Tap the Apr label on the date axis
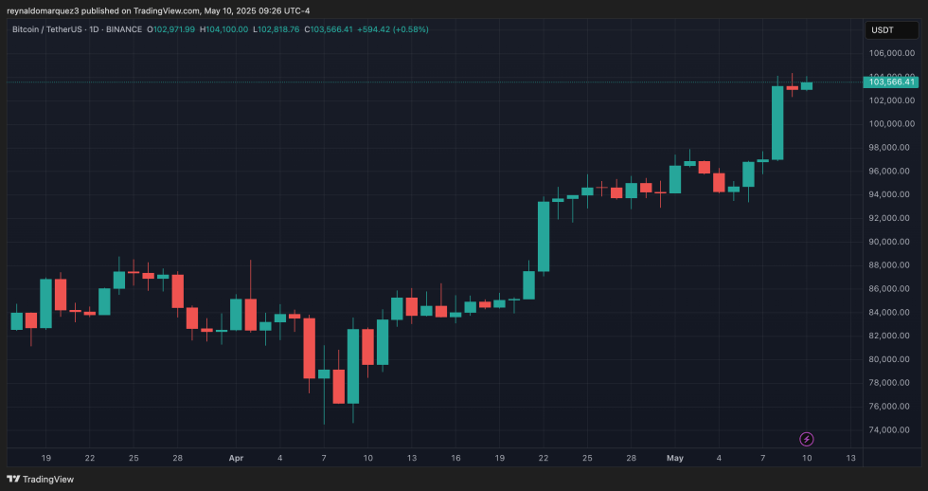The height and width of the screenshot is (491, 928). click(x=237, y=458)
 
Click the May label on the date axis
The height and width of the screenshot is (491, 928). click(x=675, y=458)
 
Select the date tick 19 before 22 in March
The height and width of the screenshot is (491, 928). click(x=45, y=458)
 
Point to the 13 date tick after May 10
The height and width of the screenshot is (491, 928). click(x=850, y=458)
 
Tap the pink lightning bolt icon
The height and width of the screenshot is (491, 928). click(x=807, y=439)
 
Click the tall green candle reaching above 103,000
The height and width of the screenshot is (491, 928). click(x=777, y=122)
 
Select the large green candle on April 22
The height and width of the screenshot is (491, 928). click(x=544, y=236)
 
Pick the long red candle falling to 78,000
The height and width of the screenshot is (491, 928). click(x=309, y=348)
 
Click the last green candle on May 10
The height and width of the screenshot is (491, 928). click(x=807, y=85)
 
